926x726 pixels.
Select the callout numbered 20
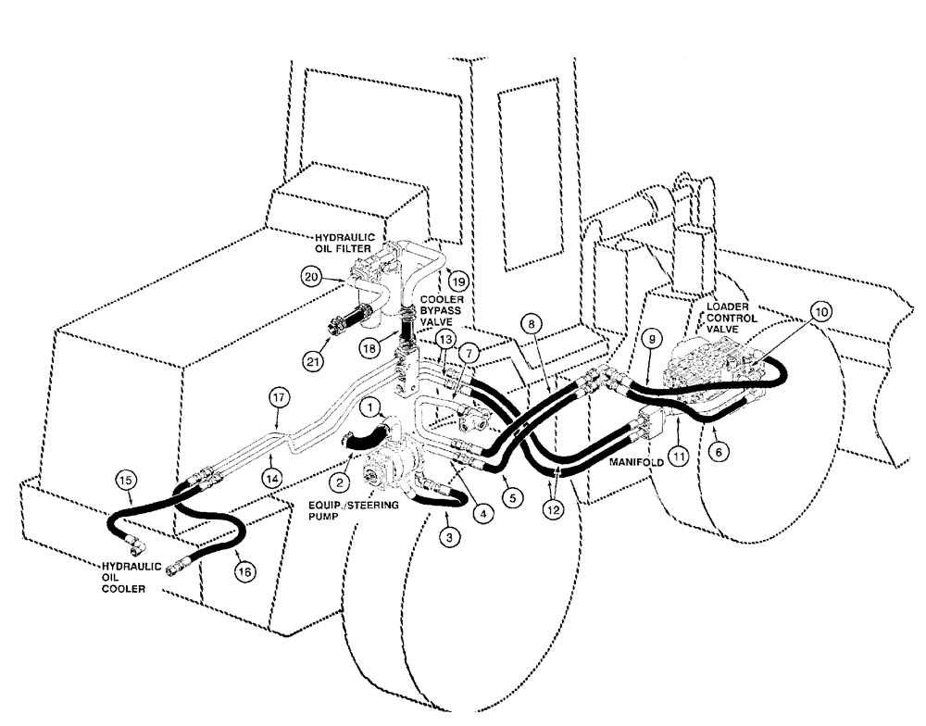pyautogui.click(x=312, y=275)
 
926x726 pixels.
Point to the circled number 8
pyautogui.click(x=531, y=325)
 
